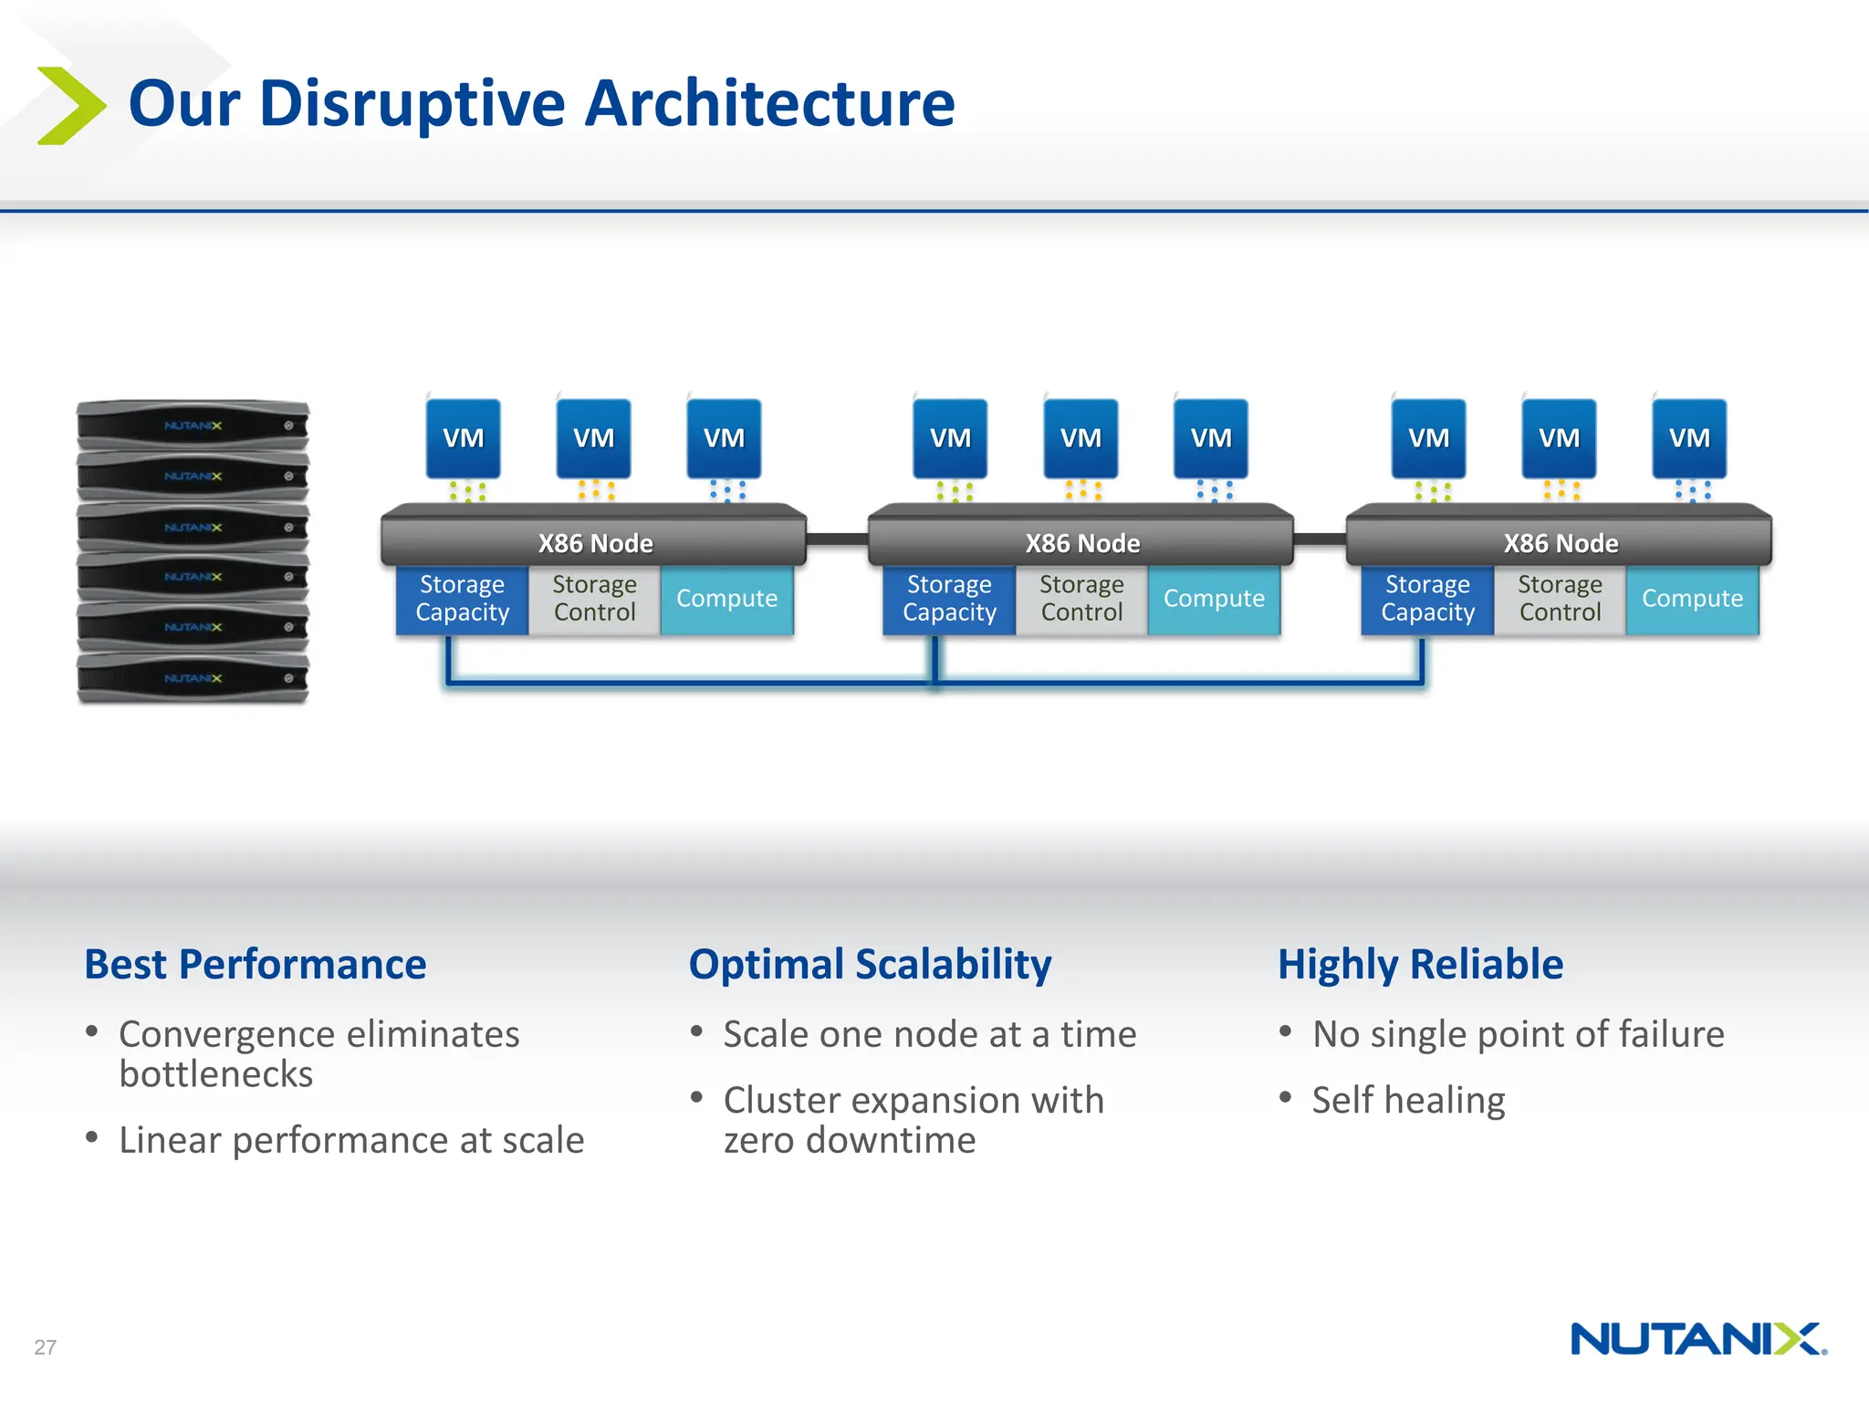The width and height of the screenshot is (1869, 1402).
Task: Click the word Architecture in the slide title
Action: [x=768, y=103]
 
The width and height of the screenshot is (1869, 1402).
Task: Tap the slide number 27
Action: [x=45, y=1346]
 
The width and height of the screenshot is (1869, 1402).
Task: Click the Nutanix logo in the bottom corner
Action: [x=1697, y=1339]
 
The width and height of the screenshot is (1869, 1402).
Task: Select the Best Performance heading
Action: [x=255, y=964]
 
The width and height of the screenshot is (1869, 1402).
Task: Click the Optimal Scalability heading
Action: [x=869, y=964]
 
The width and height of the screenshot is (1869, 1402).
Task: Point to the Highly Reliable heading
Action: [x=1419, y=964]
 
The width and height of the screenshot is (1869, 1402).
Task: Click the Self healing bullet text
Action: [x=1407, y=1100]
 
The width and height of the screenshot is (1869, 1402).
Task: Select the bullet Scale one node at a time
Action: [x=929, y=1034]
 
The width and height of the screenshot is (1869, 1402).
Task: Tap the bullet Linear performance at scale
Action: [x=350, y=1140]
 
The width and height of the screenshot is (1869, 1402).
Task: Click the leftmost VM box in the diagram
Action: [x=463, y=438]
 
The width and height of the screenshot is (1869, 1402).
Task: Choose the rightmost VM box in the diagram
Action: [x=1689, y=438]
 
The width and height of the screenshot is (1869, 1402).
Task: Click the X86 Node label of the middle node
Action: [x=1081, y=543]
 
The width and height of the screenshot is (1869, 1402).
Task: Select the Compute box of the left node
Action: [x=726, y=599]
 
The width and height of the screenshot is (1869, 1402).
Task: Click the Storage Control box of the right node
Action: [x=1560, y=599]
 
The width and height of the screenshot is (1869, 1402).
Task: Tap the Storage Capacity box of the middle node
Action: [x=949, y=599]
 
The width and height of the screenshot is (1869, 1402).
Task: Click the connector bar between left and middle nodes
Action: [x=837, y=539]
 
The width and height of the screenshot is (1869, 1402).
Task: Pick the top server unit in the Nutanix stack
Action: [x=193, y=425]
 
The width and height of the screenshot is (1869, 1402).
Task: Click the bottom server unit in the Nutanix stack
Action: [x=193, y=678]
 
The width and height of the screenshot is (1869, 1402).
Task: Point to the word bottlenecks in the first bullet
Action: [x=216, y=1074]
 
